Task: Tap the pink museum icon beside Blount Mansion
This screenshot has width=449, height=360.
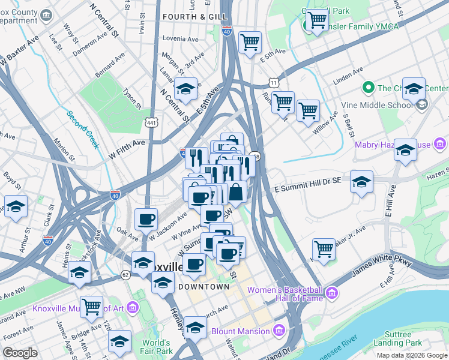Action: click(278, 331)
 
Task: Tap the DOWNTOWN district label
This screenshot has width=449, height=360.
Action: click(204, 287)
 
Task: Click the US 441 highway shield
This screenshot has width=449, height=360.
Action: click(150, 122)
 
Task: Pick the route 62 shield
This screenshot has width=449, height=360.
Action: click(125, 275)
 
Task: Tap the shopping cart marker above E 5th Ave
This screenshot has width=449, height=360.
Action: click(249, 42)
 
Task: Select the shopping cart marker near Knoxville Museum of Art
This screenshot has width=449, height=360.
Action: click(91, 306)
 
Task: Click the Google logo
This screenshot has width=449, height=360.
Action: click(20, 353)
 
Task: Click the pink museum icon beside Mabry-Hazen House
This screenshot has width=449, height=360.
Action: click(440, 144)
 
